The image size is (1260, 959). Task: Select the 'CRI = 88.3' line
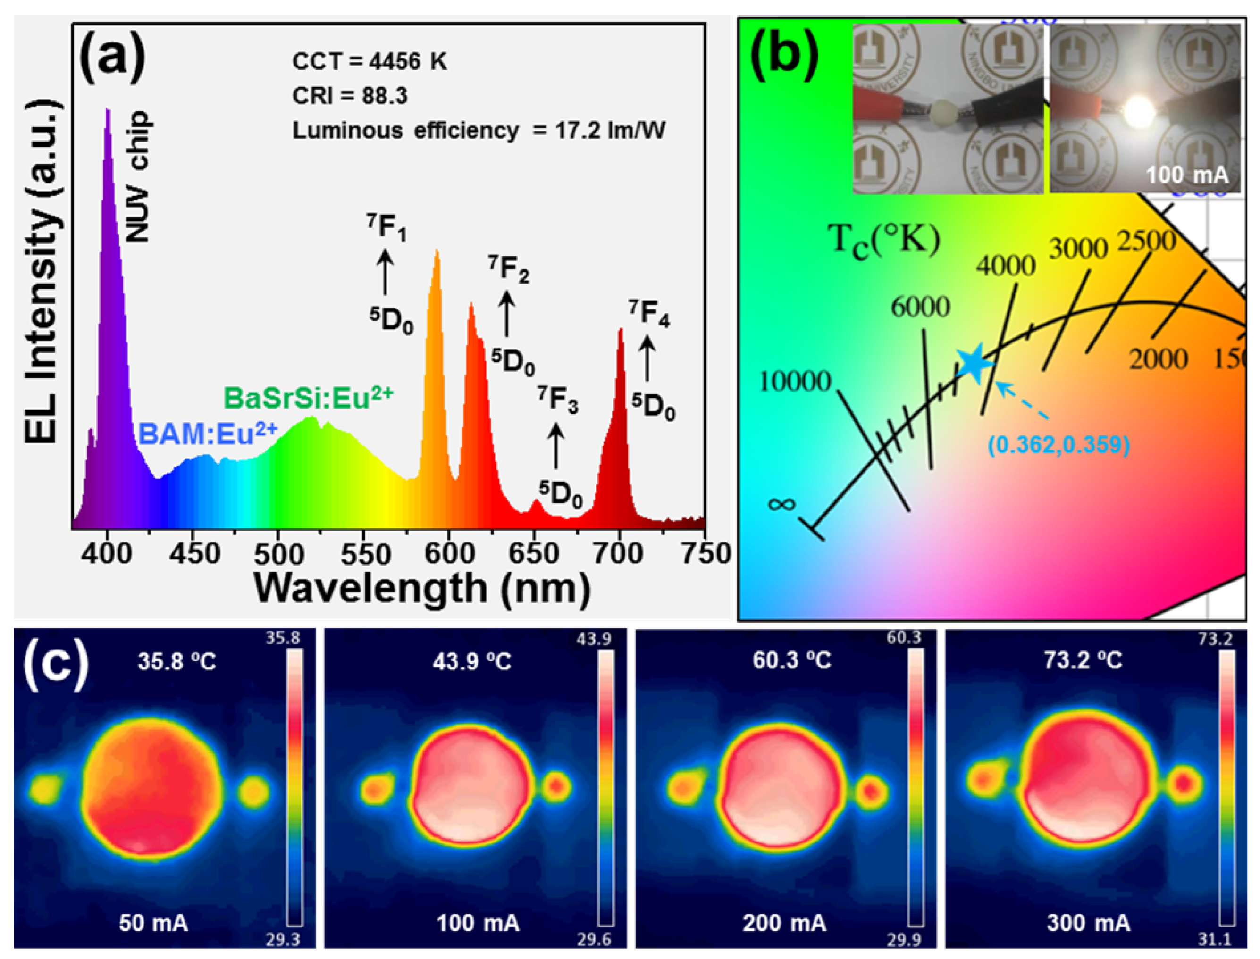tap(350, 96)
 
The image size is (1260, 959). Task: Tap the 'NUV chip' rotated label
tap(138, 176)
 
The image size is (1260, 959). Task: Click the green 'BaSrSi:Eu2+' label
tap(308, 398)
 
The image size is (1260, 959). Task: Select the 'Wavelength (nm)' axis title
tap(422, 588)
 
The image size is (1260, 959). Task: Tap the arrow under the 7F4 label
tap(647, 359)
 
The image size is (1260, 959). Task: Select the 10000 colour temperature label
tap(795, 381)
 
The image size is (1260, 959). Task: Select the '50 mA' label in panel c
tap(153, 923)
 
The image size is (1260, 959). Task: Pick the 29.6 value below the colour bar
tap(594, 939)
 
